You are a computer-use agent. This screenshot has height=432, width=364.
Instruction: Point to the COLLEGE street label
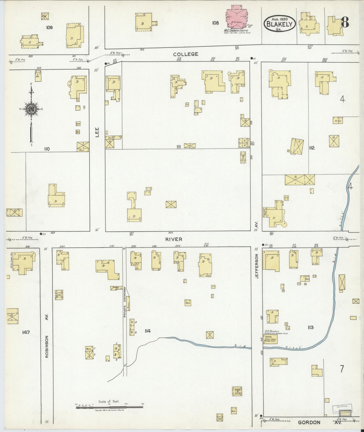(186, 54)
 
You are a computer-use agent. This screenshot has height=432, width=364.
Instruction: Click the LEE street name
(97, 132)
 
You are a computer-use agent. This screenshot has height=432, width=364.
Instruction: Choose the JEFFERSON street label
(257, 266)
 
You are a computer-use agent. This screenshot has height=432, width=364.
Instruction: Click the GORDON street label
(309, 422)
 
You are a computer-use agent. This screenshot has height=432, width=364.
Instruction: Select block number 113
(310, 327)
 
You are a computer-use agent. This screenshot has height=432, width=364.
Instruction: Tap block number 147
(26, 332)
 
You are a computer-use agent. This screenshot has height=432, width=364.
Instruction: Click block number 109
(49, 27)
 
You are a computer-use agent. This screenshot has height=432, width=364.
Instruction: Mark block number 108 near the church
(215, 23)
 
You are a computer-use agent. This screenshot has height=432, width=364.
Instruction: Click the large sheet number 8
(345, 22)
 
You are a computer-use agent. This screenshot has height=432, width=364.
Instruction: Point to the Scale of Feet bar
(110, 407)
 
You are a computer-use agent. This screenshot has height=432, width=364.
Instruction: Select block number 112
(312, 148)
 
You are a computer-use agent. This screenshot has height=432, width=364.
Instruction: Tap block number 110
(47, 149)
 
